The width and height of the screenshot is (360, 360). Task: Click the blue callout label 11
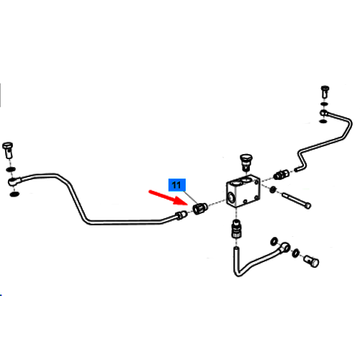[177, 185]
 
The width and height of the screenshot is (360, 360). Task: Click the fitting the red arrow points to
[200, 208]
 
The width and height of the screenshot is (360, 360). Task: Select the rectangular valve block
[243, 191]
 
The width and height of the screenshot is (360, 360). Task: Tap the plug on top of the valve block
[245, 161]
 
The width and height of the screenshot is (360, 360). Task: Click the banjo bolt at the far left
[7, 150]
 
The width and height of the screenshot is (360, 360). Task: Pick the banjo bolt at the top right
[325, 91]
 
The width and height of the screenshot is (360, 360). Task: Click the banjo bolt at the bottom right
[311, 261]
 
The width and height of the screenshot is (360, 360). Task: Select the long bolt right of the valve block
[297, 200]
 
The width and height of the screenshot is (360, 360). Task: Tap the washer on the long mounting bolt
[273, 190]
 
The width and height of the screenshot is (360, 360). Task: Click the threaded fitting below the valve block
[236, 229]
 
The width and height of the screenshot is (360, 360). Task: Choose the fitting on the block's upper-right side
[282, 175]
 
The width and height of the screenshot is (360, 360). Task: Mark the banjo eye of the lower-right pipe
[285, 247]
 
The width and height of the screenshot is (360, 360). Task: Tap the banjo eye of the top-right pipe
[324, 112]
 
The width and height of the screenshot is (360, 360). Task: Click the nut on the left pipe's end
[181, 215]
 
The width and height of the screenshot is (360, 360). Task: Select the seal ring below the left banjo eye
[14, 194]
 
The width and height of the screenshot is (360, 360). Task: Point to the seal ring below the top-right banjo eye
[323, 121]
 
